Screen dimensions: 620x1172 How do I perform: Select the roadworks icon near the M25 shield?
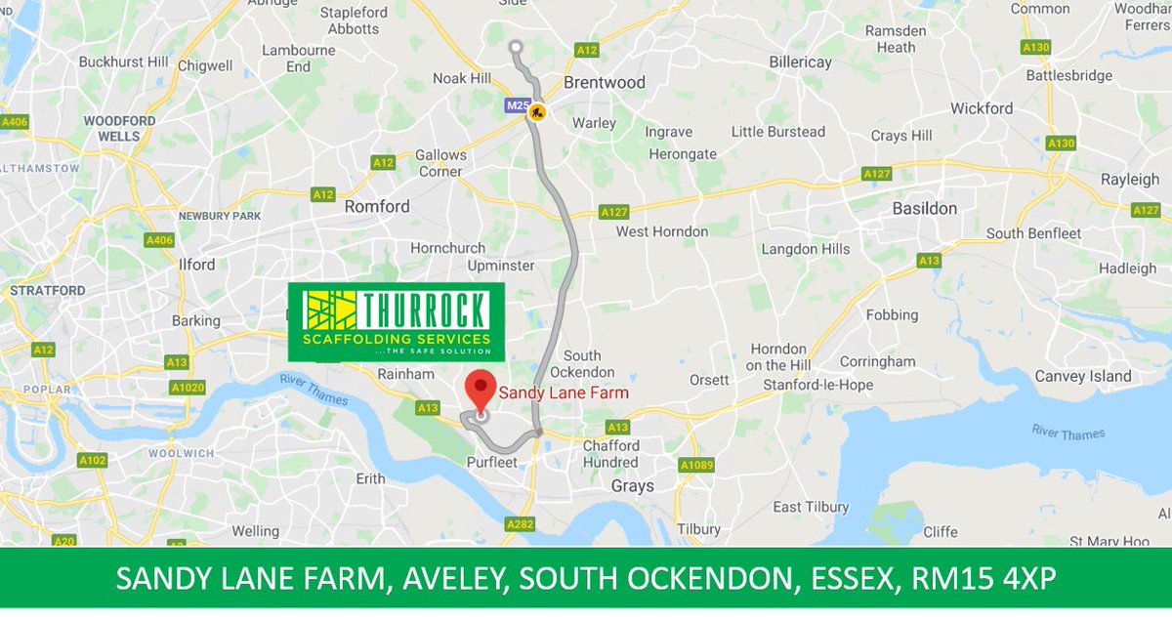[536, 112]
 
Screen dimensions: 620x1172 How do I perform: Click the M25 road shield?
[517, 104]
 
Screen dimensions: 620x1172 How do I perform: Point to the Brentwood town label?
[605, 83]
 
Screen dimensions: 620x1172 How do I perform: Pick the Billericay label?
[800, 62]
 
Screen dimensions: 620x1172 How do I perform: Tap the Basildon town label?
[925, 209]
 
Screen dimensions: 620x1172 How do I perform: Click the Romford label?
[377, 207]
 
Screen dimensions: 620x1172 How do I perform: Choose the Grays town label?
[632, 485]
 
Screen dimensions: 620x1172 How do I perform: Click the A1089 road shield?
[697, 465]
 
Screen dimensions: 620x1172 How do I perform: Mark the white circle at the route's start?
[516, 46]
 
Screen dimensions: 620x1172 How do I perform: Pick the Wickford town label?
[982, 108]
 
